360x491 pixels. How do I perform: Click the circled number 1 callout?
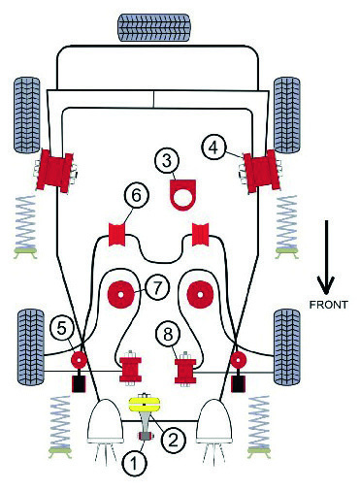coord(134,463)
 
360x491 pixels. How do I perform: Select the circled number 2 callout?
coord(173,440)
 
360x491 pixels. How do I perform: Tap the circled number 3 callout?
coord(167,161)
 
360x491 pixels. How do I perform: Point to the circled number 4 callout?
coord(213,147)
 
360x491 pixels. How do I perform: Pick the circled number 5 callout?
coord(61,328)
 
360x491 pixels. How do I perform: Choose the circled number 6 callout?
coord(137,196)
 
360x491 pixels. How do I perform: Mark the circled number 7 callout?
coord(157,288)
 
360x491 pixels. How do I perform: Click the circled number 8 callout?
coord(168,334)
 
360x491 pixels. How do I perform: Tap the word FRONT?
coord(328,305)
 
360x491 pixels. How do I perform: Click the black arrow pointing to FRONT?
coord(326,257)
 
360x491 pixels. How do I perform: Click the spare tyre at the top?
coord(153,27)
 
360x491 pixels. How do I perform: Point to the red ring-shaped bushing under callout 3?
coord(182,195)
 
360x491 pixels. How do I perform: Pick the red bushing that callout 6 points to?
coord(116,235)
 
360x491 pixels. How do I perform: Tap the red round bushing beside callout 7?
coord(120,295)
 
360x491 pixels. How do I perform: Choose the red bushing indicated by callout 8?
coord(185,371)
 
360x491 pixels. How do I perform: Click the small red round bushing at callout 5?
coord(79,360)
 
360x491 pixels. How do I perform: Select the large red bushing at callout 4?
coord(262,171)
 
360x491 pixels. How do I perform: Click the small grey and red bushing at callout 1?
coord(146,437)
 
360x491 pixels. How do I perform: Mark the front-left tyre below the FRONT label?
coord(287,347)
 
